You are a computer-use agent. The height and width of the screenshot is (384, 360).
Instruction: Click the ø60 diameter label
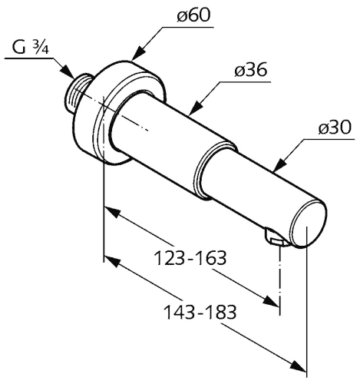pyautogui.click(x=193, y=16)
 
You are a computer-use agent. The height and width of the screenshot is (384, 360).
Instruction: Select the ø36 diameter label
pyautogui.click(x=251, y=70)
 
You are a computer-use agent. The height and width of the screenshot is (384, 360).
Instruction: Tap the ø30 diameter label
pyautogui.click(x=335, y=127)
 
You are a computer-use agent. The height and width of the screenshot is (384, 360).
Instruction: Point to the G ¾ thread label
pyautogui.click(x=30, y=48)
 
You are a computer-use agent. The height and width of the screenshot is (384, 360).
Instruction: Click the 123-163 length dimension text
pyautogui.click(x=191, y=258)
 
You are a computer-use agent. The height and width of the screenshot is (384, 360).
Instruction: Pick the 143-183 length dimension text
pyautogui.click(x=200, y=312)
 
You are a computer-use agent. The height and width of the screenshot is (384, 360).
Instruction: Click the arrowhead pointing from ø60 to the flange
pyautogui.click(x=139, y=53)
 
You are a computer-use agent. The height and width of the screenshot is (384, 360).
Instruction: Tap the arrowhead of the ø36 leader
pyautogui.click(x=196, y=108)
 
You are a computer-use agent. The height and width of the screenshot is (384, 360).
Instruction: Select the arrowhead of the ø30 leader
pyautogui.click(x=279, y=164)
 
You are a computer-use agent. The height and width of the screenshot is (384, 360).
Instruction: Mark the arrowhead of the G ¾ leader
pyautogui.click(x=68, y=71)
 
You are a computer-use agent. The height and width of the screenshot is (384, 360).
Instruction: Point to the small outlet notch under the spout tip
pyautogui.click(x=273, y=237)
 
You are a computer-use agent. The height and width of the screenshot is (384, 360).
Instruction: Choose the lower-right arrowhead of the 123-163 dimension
pyautogui.click(x=271, y=300)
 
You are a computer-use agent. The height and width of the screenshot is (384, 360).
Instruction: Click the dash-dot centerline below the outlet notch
pyautogui.click(x=280, y=280)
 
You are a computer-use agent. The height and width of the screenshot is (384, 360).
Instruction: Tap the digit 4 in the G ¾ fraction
pyautogui.click(x=45, y=50)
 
